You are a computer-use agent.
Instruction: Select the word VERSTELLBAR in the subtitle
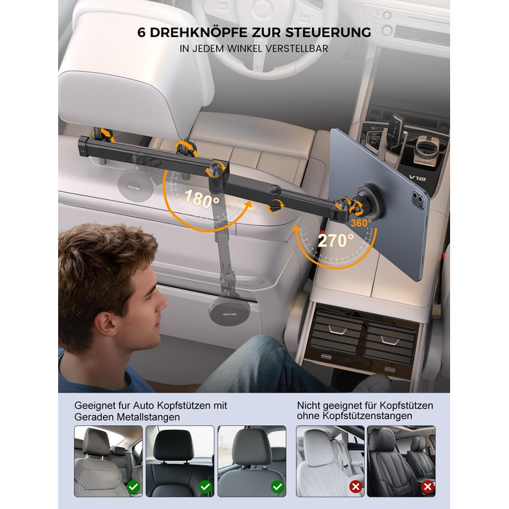click(297, 49)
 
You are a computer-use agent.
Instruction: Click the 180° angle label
click(201, 199)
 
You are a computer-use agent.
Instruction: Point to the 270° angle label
click(336, 241)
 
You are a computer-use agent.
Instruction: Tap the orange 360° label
click(361, 223)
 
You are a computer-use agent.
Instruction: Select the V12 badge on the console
click(417, 177)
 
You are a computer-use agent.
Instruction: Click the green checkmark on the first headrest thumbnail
click(133, 486)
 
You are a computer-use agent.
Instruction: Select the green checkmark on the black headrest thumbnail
click(205, 486)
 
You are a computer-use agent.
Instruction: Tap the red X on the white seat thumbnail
click(356, 486)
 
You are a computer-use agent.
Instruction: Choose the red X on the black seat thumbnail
click(428, 486)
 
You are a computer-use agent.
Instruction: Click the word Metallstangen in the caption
click(148, 417)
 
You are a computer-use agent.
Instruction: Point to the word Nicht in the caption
click(309, 406)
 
